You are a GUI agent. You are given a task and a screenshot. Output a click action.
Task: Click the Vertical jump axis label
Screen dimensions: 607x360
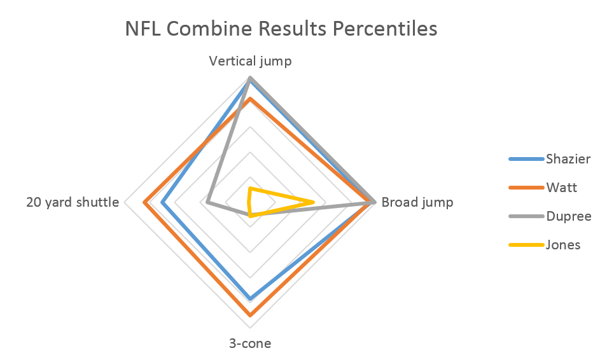(250, 61)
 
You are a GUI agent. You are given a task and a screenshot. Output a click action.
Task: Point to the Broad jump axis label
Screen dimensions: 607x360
(417, 202)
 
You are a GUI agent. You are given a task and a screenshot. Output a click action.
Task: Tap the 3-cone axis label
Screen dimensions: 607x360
(250, 343)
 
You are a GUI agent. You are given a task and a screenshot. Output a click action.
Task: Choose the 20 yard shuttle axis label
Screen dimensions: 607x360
(73, 202)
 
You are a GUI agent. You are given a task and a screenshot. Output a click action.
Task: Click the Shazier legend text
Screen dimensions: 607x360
(568, 159)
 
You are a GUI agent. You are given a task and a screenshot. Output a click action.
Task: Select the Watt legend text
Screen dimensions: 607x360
(562, 188)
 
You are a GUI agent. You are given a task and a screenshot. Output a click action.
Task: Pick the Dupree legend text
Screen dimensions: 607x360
(569, 216)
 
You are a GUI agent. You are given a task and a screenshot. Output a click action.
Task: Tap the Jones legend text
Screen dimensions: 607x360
(563, 245)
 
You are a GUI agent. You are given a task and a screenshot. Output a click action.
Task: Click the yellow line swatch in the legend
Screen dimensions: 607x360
(526, 245)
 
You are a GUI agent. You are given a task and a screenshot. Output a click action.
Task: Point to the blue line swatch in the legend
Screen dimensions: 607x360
(526, 159)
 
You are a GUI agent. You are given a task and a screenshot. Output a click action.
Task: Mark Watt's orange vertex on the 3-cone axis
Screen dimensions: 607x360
(250, 315)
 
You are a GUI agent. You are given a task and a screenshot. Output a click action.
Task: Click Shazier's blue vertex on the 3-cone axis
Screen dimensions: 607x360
(250, 299)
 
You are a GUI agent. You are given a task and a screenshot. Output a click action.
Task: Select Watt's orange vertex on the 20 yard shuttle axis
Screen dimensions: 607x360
(144, 202)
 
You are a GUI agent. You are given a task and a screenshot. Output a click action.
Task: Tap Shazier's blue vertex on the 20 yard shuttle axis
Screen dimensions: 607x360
(163, 202)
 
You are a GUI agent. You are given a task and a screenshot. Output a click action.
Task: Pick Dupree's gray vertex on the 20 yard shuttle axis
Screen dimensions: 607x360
(208, 202)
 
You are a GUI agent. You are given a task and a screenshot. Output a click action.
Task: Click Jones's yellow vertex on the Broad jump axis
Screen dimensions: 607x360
(313, 202)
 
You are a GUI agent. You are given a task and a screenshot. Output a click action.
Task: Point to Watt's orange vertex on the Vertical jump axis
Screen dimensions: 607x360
(250, 99)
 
